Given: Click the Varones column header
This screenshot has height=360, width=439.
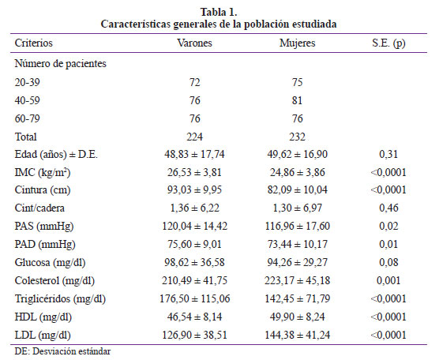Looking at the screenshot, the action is [194, 43].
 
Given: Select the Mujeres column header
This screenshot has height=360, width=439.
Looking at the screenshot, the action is [298, 43].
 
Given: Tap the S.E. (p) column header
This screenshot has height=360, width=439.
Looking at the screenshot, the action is [388, 43].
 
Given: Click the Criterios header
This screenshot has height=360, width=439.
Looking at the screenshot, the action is [34, 43].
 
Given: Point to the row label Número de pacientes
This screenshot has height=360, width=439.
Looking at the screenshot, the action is [61, 63].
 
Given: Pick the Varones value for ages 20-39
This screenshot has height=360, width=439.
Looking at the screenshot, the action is [194, 82].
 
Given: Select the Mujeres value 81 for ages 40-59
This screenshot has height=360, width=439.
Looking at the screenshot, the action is [298, 100].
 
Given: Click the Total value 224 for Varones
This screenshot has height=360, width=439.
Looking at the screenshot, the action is [194, 137].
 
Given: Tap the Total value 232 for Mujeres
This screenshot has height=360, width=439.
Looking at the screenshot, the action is [298, 137].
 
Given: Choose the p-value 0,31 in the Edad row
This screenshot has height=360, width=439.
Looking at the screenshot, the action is [388, 154].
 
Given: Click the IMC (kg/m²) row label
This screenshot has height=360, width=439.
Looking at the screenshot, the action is [43, 172].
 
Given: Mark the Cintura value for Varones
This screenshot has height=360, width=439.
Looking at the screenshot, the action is [194, 189].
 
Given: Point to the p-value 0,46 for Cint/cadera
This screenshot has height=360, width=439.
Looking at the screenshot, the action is [388, 208].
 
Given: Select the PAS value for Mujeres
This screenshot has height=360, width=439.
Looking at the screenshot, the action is [298, 226].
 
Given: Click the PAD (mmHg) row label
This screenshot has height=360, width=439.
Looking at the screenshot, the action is [45, 245].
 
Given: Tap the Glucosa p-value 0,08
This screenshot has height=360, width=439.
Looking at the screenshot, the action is [388, 262].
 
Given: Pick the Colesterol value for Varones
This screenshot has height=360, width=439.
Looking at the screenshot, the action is [194, 280].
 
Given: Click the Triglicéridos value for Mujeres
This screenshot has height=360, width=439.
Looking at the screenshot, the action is [298, 298].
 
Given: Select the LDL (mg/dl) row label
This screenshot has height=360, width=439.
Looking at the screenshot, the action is [43, 335].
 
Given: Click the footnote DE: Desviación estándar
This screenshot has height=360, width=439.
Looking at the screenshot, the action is [62, 351].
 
